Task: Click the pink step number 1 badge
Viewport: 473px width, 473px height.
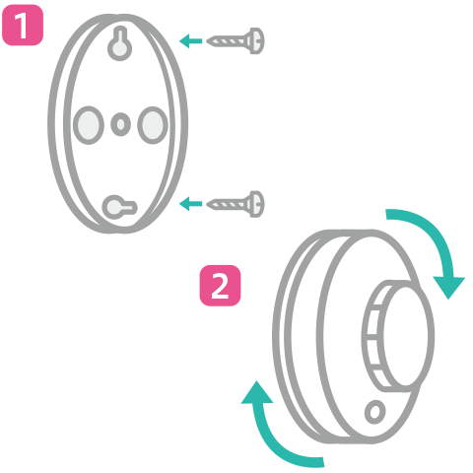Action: click(23, 25)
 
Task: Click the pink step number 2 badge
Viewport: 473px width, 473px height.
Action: click(220, 286)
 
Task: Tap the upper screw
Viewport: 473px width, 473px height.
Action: click(236, 41)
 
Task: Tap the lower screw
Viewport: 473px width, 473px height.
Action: click(236, 204)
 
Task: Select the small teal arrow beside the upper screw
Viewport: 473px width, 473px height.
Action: click(190, 41)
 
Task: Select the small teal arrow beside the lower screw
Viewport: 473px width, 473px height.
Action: click(190, 204)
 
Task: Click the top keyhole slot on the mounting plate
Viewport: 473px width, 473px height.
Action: click(120, 44)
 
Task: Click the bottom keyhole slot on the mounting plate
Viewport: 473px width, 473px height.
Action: click(119, 207)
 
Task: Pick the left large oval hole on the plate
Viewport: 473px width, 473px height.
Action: click(89, 125)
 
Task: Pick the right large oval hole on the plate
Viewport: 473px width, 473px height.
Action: click(153, 125)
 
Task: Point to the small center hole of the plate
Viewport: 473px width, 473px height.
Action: click(120, 124)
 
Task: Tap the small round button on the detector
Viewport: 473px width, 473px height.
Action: click(375, 412)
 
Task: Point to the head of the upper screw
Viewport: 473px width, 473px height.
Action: click(256, 41)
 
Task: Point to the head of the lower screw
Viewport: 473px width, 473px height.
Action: click(256, 204)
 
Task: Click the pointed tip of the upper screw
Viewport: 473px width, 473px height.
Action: click(207, 41)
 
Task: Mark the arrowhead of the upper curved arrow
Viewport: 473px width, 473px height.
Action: click(449, 288)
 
